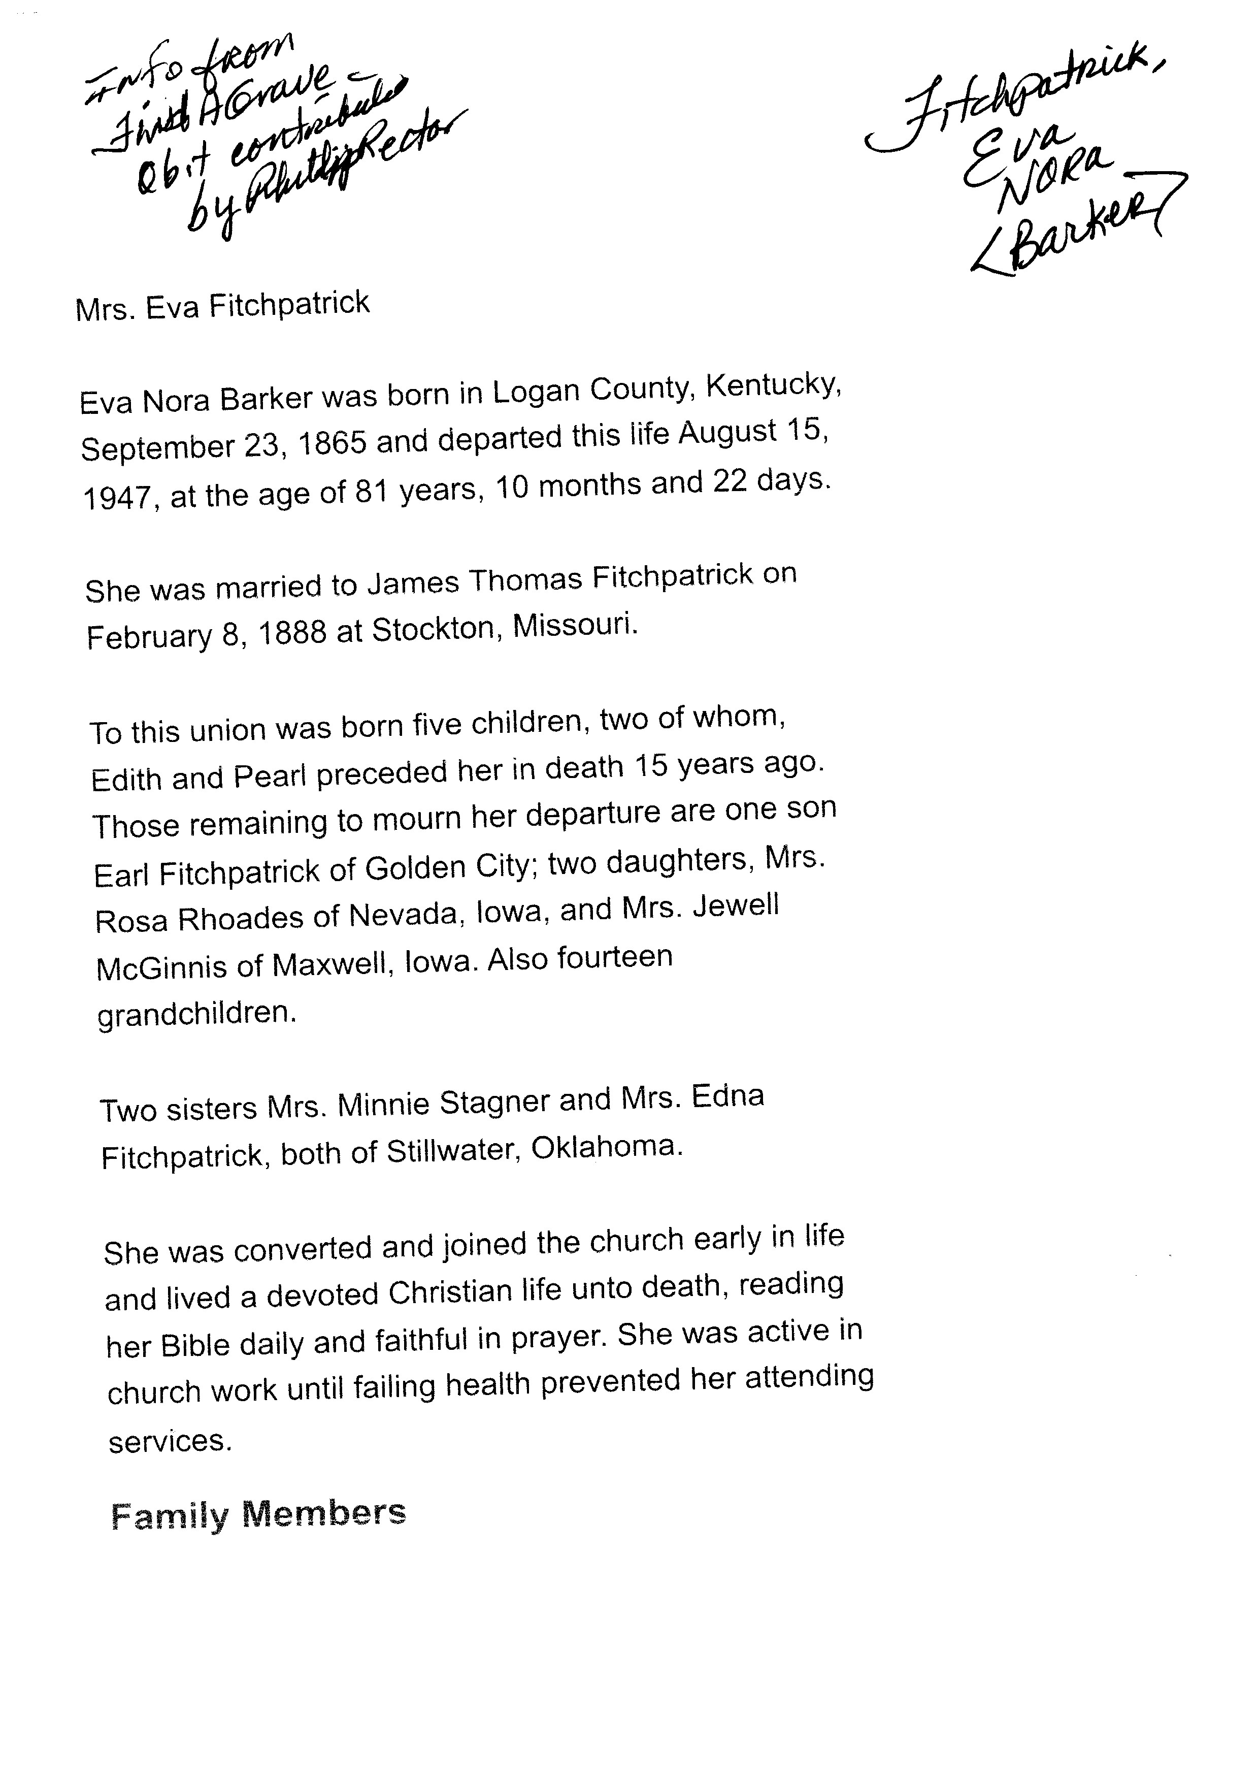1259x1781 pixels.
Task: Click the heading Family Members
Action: point(258,1514)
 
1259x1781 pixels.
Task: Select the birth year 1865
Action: point(332,444)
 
